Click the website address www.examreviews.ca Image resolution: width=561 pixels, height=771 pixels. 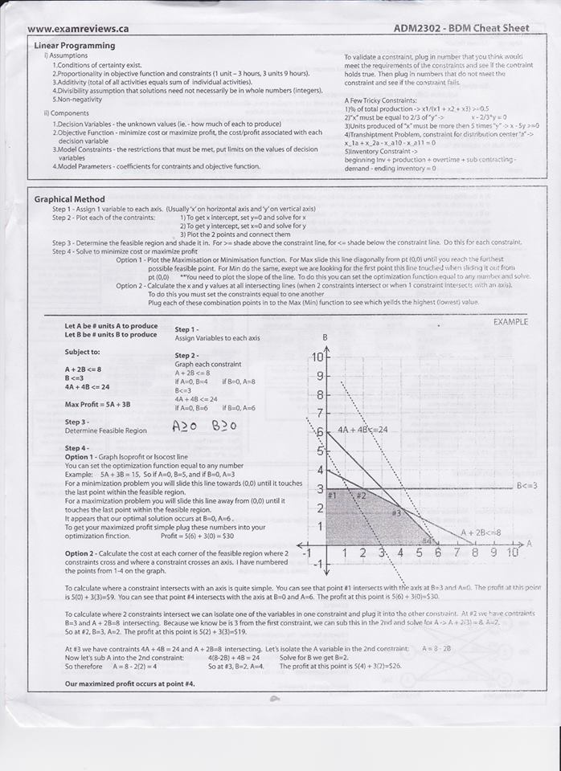pyautogui.click(x=78, y=29)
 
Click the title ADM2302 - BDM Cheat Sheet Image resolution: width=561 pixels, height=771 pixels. pyautogui.click(x=461, y=28)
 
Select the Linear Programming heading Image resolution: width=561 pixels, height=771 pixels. pyautogui.click(x=75, y=46)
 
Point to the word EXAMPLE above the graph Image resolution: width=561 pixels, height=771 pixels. pyautogui.click(x=510, y=322)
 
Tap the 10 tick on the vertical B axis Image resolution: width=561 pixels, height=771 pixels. pyautogui.click(x=318, y=357)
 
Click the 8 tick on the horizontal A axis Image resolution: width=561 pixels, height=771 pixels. pyautogui.click(x=475, y=553)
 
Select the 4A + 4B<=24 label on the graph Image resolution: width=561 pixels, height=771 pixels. pyautogui.click(x=362, y=430)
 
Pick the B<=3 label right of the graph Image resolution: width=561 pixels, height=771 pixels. pyautogui.click(x=526, y=485)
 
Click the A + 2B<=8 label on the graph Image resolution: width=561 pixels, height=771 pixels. pyautogui.click(x=481, y=532)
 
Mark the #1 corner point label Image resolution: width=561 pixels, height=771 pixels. pyautogui.click(x=332, y=496)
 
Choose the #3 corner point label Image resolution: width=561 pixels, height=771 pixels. pyautogui.click(x=395, y=512)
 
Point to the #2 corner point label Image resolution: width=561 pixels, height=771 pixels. pyautogui.click(x=361, y=496)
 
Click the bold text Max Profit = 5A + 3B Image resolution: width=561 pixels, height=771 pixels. pyautogui.click(x=97, y=404)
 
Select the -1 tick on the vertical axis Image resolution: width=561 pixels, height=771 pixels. pyautogui.click(x=317, y=565)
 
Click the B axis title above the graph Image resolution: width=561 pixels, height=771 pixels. pyautogui.click(x=325, y=337)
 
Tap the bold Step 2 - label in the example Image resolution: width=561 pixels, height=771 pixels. pyautogui.click(x=186, y=355)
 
